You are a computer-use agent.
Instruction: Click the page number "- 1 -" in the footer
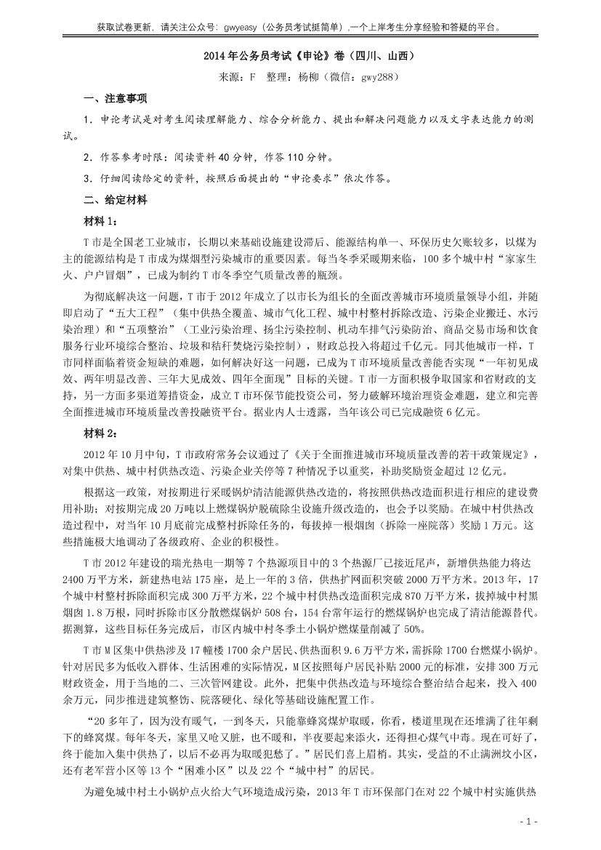[528, 822]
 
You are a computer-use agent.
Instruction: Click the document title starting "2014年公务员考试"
[300, 55]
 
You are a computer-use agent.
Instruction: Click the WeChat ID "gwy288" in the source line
[376, 76]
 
